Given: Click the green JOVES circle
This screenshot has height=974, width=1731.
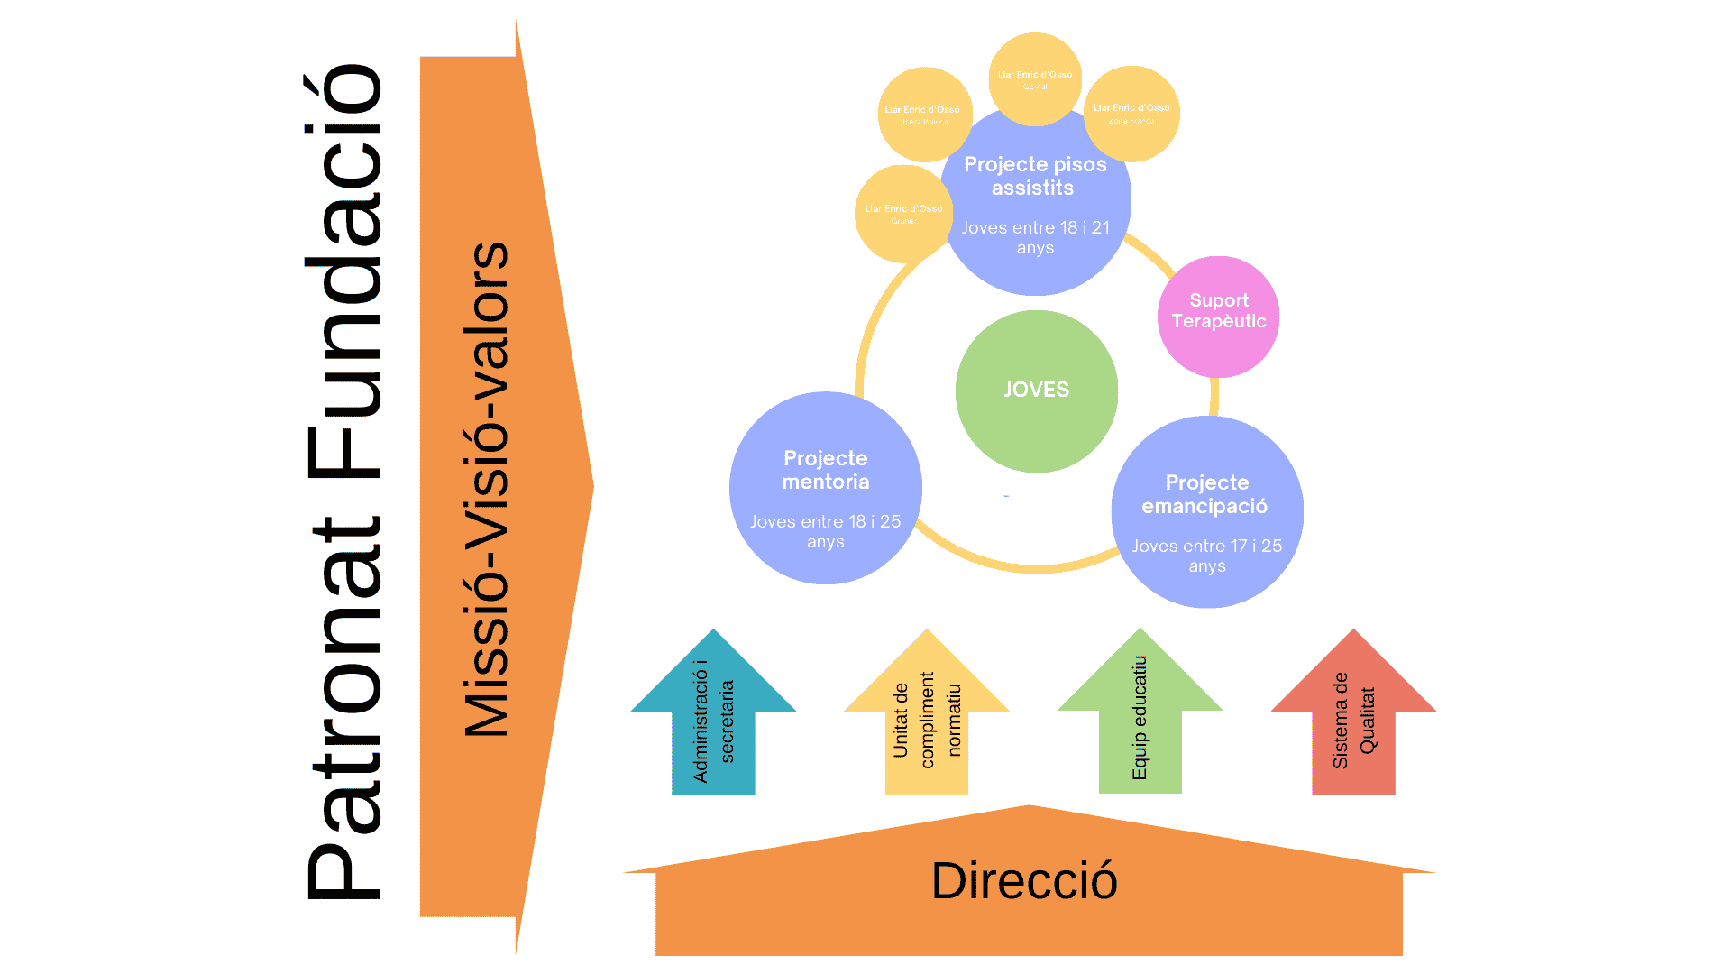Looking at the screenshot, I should click(1036, 391).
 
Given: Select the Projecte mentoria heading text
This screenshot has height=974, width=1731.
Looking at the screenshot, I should click(825, 470).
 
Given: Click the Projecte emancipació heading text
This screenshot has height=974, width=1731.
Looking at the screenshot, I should click(1206, 494).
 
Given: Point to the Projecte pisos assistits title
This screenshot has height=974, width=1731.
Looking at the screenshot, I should click(1034, 176).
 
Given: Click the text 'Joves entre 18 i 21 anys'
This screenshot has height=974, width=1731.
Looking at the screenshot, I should click(1035, 238).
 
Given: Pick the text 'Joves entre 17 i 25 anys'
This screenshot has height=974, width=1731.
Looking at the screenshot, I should click(1206, 556).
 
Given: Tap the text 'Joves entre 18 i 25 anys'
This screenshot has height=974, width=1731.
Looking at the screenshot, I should click(825, 531).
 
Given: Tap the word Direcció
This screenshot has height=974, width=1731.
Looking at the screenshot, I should click(1024, 881).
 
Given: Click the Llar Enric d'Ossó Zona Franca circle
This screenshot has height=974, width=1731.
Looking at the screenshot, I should click(1131, 113).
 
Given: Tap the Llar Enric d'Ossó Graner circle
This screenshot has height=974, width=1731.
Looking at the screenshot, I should click(903, 213).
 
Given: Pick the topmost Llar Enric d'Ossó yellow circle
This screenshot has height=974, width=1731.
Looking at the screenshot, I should click(1035, 79).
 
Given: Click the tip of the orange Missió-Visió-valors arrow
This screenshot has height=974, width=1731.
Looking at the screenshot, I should click(591, 487).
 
